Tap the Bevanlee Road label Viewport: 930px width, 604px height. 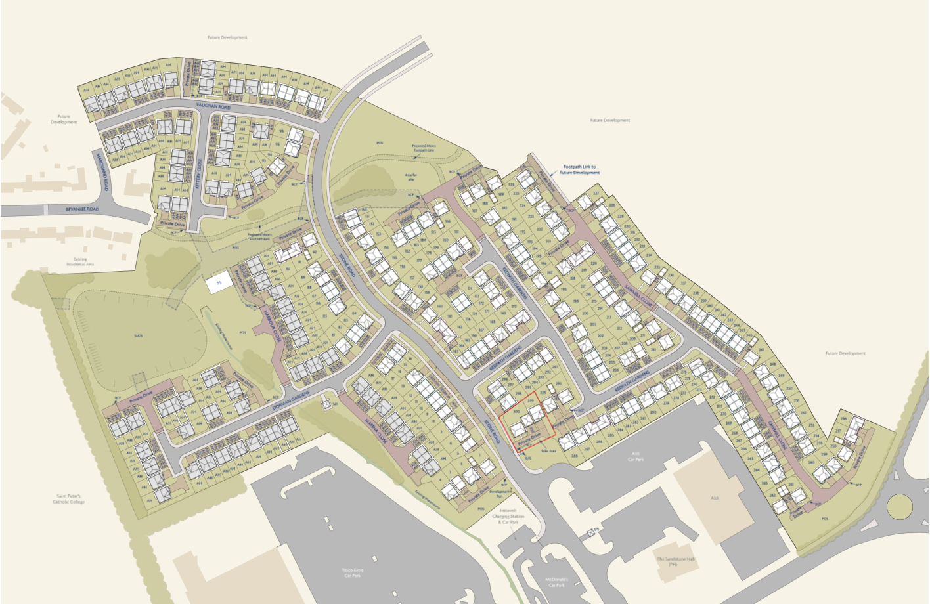tap(82, 209)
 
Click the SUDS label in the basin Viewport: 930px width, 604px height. tap(139, 335)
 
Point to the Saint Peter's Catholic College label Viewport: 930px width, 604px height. tap(68, 499)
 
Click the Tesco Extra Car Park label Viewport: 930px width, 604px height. tap(352, 572)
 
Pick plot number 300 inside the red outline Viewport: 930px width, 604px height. tap(516, 412)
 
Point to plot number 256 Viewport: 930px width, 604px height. tap(843, 418)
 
